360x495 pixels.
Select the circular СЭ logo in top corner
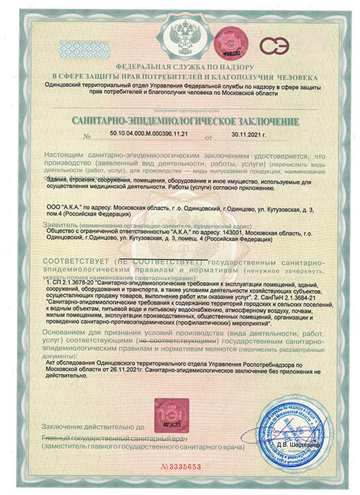click(x=273, y=45)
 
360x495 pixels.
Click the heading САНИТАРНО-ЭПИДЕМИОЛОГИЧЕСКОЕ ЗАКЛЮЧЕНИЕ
click(x=180, y=122)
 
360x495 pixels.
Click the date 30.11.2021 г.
click(x=249, y=134)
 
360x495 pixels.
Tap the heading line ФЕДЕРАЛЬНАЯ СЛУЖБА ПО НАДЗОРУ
click(x=180, y=63)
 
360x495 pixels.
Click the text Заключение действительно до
click(x=93, y=427)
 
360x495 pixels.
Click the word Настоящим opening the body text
click(x=64, y=153)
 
